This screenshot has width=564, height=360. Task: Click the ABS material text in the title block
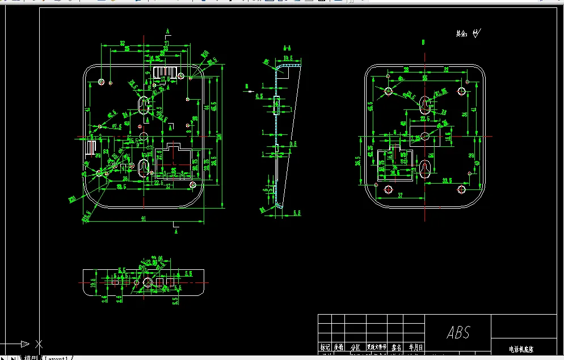coord(458,332)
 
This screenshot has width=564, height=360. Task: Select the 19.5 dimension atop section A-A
coord(288,58)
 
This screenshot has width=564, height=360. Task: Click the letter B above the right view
coord(423,43)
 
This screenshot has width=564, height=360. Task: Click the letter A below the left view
coord(176,231)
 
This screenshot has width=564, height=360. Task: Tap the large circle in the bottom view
coord(148,282)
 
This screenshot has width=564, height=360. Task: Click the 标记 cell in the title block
coord(324,347)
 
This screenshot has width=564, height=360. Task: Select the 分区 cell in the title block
coord(355,347)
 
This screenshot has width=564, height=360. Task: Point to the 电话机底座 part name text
coord(521,350)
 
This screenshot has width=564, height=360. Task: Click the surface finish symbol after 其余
coord(477,33)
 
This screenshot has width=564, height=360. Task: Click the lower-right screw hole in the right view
coord(461,189)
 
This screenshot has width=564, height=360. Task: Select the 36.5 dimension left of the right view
coord(359,162)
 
